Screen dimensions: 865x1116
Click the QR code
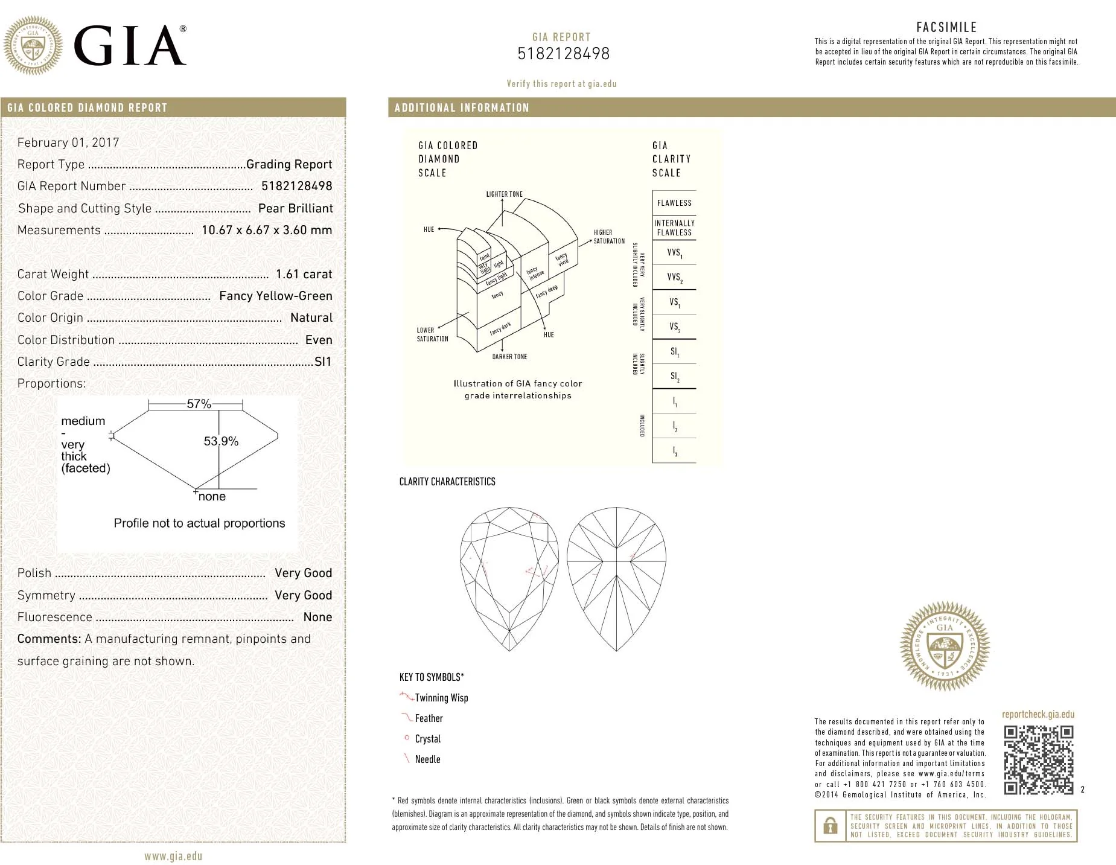[1038, 759]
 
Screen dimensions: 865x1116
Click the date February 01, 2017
[68, 142]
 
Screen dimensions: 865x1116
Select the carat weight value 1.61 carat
[304, 274]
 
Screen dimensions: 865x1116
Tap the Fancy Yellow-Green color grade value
[275, 296]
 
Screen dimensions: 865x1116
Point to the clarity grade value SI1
[323, 362]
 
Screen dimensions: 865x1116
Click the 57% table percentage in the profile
[199, 404]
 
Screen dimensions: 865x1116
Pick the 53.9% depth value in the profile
[221, 441]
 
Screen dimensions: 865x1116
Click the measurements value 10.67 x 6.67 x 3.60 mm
[266, 230]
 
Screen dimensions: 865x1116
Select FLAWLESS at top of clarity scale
[674, 203]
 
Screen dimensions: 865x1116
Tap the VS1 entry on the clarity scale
[674, 302]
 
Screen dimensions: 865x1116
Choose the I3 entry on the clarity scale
[674, 451]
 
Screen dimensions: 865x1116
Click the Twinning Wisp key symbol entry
[441, 698]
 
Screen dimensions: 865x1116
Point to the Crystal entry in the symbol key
[427, 739]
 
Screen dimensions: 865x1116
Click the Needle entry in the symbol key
[427, 759]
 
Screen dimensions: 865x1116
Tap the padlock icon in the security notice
[831, 826]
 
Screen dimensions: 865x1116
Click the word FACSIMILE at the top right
[946, 27]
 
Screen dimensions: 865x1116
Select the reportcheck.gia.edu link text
[1038, 714]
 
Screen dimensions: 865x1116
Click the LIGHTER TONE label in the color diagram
[504, 194]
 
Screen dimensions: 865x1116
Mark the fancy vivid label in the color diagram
[562, 260]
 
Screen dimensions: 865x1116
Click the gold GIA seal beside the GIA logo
[33, 45]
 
